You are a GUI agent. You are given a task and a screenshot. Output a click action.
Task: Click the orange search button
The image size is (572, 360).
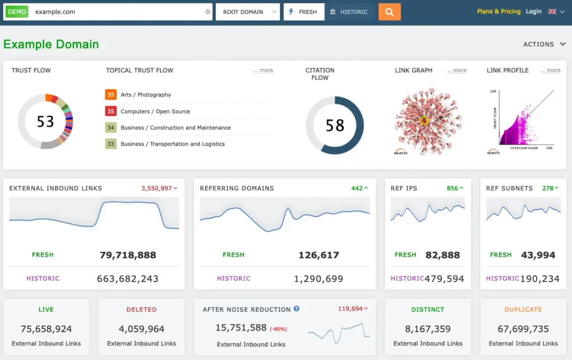[x=389, y=12]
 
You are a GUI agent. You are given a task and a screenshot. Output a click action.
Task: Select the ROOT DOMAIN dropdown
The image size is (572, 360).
[x=247, y=12]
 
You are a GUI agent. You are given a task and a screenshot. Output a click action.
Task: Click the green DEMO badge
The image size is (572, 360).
[x=17, y=12]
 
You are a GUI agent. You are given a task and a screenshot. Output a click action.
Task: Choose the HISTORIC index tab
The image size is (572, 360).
[x=350, y=12]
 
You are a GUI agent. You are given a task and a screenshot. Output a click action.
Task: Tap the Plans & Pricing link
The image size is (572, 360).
[x=498, y=11]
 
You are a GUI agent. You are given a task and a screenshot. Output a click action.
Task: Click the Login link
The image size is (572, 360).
[x=533, y=11]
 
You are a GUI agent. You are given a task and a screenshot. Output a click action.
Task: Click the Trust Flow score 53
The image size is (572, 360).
[x=45, y=121]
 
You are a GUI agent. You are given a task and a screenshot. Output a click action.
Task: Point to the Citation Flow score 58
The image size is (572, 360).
[x=335, y=125]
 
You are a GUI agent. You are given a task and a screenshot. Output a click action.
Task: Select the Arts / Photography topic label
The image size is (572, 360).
[x=146, y=95]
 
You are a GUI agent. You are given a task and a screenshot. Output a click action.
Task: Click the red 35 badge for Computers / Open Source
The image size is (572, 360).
[x=111, y=111]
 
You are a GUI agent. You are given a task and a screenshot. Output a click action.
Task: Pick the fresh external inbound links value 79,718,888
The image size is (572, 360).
[x=128, y=255]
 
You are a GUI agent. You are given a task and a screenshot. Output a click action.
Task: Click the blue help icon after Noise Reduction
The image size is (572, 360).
[x=297, y=309]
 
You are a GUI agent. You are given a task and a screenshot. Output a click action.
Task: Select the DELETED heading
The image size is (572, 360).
[x=141, y=309]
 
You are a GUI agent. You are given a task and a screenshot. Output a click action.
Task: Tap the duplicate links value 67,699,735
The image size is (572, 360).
[x=523, y=329]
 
